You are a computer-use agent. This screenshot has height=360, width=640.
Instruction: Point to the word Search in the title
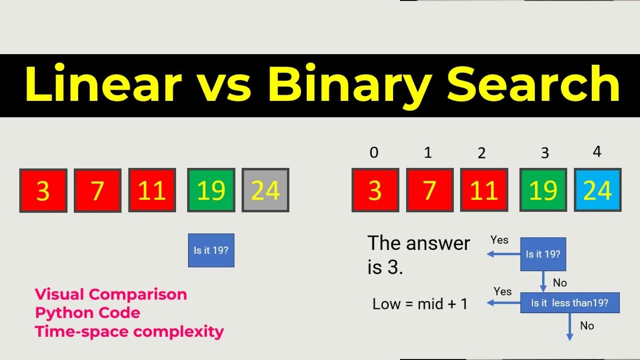click(x=533, y=85)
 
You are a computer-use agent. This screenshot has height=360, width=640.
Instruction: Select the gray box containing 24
click(x=265, y=190)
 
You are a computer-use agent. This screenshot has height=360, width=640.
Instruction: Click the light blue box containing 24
click(x=597, y=190)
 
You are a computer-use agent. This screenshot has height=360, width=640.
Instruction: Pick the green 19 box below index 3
click(x=543, y=190)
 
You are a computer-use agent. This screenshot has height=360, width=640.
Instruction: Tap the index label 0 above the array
click(x=374, y=152)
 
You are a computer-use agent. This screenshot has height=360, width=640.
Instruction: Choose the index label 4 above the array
click(x=596, y=151)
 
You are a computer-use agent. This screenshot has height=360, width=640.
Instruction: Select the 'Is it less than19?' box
click(x=569, y=303)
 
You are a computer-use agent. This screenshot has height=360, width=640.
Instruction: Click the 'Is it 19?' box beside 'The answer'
click(x=543, y=254)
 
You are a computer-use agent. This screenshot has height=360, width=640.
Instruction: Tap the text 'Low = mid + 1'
click(x=420, y=303)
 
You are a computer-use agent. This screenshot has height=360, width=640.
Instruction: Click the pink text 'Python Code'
click(x=87, y=313)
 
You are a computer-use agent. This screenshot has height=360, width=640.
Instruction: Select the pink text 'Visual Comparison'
click(x=110, y=294)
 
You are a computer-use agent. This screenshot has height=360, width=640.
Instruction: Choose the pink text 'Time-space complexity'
click(x=129, y=331)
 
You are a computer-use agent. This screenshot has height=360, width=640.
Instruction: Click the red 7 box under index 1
click(x=429, y=190)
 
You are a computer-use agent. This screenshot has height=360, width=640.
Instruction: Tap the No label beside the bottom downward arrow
click(x=587, y=326)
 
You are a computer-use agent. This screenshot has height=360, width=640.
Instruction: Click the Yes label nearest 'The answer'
click(x=499, y=240)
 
